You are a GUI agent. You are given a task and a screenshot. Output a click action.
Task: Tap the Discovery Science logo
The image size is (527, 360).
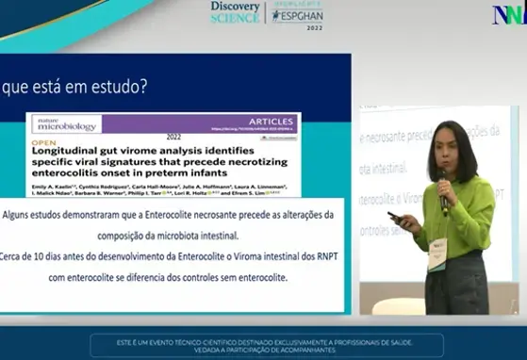tap(236, 12)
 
